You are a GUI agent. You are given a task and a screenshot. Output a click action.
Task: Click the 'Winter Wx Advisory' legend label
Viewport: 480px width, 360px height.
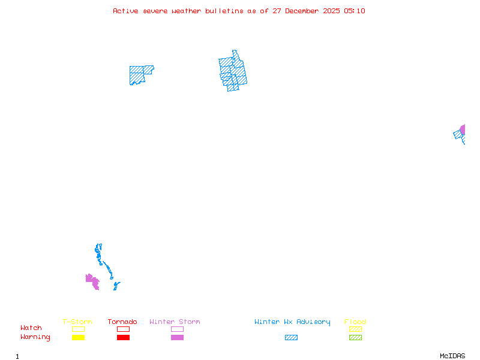pos(292,322)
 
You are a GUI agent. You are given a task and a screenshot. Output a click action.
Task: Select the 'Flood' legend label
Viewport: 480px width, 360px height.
pos(355,322)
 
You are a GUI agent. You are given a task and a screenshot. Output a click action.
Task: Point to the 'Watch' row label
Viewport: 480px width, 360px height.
pos(31,328)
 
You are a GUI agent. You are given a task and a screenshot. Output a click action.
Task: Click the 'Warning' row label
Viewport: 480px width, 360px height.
pos(35,337)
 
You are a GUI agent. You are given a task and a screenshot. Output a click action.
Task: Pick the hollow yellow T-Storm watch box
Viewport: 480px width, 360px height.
pos(78,329)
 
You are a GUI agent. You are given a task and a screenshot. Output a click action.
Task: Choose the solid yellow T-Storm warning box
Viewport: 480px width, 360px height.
pos(78,337)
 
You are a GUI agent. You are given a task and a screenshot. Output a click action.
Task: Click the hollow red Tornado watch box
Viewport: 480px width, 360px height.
pos(123,329)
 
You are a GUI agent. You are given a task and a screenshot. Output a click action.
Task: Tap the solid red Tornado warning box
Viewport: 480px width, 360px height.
pos(123,337)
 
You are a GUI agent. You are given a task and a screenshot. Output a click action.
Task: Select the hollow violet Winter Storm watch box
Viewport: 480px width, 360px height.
pos(177,329)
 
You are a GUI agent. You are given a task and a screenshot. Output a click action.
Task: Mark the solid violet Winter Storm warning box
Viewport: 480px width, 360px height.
pos(177,337)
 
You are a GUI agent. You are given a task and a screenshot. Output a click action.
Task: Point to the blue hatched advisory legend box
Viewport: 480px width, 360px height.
pos(291,337)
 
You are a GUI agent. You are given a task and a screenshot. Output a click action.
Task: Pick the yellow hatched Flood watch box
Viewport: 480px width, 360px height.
pos(355,329)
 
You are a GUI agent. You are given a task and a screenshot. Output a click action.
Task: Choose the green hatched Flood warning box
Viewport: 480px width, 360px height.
pos(355,337)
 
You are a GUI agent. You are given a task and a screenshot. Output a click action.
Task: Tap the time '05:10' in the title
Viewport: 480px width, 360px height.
pos(354,11)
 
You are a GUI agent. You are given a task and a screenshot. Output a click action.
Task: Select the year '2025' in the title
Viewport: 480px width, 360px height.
pos(332,11)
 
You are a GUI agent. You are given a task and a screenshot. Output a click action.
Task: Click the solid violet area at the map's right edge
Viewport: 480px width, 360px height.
pos(463,129)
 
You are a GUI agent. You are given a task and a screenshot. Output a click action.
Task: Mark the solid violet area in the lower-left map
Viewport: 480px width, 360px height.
pos(92,281)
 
